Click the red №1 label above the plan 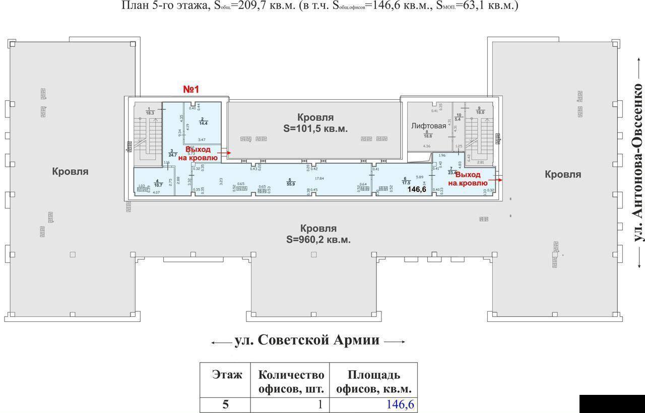tap(191, 89)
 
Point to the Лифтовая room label tap(428, 126)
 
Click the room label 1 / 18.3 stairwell tap(149, 111)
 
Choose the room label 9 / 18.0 tap(480, 111)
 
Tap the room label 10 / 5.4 tap(459, 117)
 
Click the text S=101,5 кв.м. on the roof tap(315, 128)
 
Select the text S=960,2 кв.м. tap(318, 240)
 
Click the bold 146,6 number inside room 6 tap(417, 189)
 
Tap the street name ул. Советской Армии tap(307, 340)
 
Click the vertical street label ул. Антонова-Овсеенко tap(638, 170)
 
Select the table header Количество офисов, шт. tap(291, 382)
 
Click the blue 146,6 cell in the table tap(401, 404)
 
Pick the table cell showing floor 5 tap(225, 404)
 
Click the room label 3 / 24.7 tap(172, 153)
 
